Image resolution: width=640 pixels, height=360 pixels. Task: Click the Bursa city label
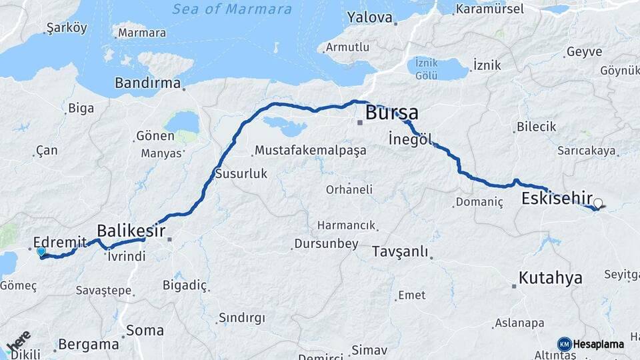coord(391,113)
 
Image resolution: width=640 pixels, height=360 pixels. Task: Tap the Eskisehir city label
coord(557,198)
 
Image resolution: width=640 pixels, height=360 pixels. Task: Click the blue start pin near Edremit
coord(41,252)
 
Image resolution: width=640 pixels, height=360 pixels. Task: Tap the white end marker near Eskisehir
coord(598,204)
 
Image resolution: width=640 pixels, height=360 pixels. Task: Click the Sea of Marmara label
coord(232,9)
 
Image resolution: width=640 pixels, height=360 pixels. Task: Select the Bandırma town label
coord(148,83)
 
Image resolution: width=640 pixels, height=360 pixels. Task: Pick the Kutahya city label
coord(551,277)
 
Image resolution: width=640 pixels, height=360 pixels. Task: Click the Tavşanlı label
coord(400,252)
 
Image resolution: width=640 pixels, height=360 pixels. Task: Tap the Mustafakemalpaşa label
coord(311,150)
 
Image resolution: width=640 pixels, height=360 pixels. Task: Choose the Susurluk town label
coord(241,173)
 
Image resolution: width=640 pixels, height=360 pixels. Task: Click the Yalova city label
coord(369,17)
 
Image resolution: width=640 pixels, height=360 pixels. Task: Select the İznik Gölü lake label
coord(426,69)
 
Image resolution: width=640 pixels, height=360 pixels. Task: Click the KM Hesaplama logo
coord(591,344)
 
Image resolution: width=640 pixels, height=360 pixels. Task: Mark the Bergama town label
coord(88,345)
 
